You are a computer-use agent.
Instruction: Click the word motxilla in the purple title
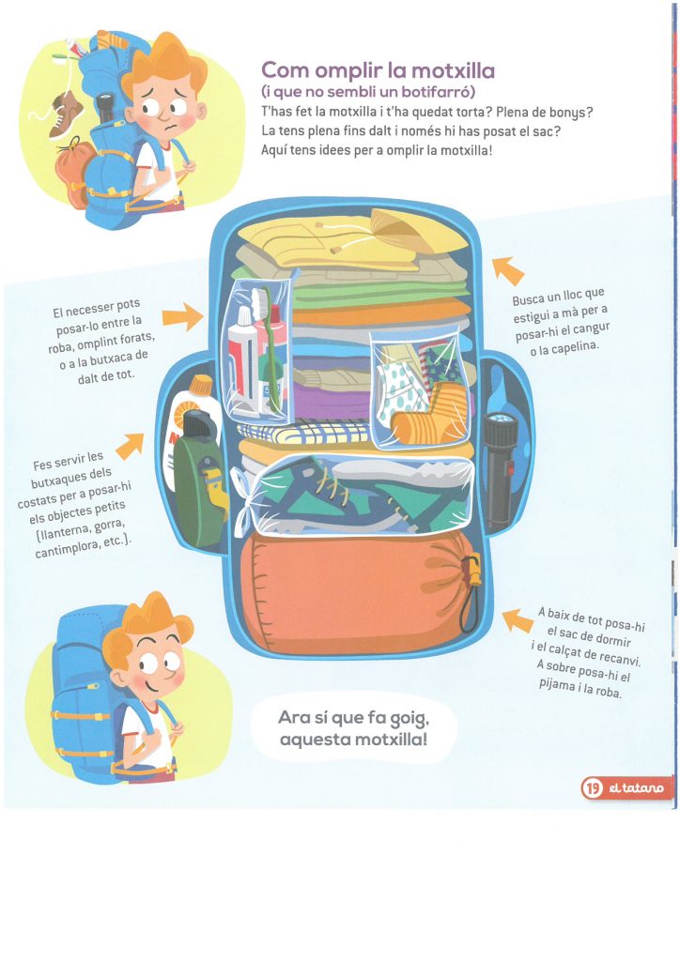coord(453,70)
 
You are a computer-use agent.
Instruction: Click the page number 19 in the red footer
coord(592,787)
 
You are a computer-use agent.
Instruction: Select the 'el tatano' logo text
coord(636,787)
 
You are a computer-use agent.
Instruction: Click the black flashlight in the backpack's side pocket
coord(499,469)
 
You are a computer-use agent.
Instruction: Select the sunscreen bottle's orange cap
coord(200,386)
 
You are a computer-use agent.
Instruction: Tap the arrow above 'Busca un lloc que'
coord(508,270)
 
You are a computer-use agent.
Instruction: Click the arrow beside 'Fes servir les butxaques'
coord(130,446)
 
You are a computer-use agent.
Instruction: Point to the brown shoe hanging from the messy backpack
coord(65,114)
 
